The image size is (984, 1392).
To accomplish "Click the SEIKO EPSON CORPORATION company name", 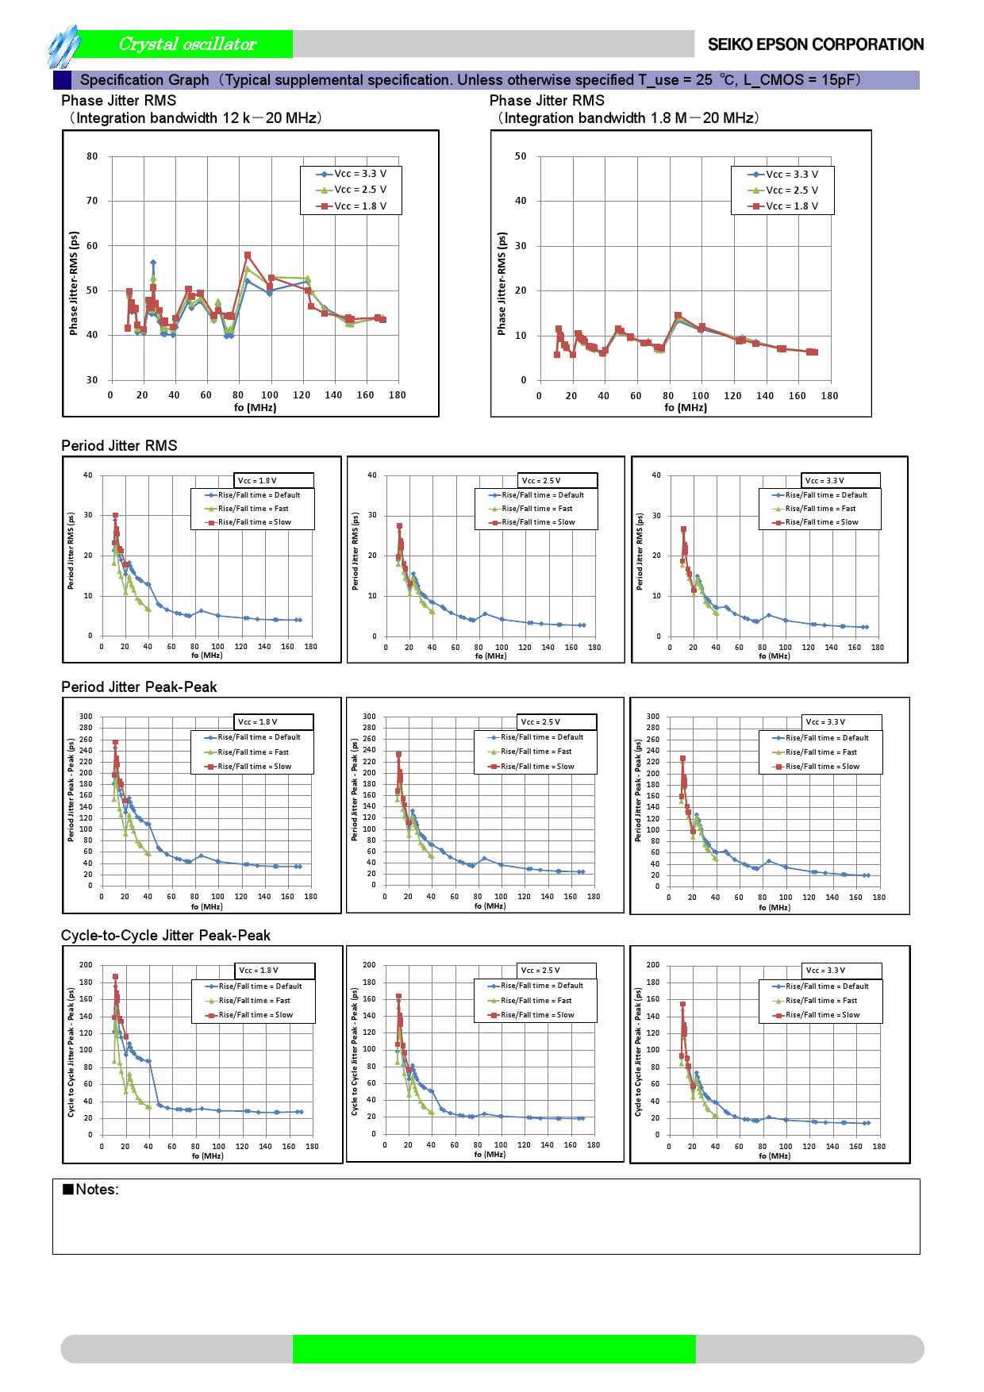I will pos(815,44).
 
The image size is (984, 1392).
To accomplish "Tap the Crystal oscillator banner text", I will pos(187,44).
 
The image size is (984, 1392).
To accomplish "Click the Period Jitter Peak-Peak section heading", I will pos(139,687).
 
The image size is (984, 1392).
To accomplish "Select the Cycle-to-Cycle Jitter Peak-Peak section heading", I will pos(166,936).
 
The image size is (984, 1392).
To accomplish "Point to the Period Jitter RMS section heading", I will pos(119,446).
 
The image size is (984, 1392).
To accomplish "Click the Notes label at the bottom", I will pos(91,1190).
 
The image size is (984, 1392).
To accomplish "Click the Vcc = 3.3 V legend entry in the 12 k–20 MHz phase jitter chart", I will pos(352,174).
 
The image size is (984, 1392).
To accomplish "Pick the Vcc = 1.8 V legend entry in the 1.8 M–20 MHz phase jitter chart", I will pos(783,206).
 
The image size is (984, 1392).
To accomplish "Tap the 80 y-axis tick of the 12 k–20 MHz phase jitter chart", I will pos(92,156).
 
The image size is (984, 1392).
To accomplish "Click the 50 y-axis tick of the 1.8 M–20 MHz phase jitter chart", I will pos(521,156).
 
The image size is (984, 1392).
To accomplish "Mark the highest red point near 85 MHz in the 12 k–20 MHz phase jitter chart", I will pos(248,256).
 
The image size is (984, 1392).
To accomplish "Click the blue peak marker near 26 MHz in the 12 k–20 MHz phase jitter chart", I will pos(153,263).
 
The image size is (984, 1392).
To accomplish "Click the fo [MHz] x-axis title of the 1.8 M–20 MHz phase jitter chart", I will pos(686,408).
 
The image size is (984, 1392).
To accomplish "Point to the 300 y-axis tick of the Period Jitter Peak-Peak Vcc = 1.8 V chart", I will pos(85,717).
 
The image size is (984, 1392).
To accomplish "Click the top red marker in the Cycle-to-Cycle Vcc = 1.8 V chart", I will pos(115,977).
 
